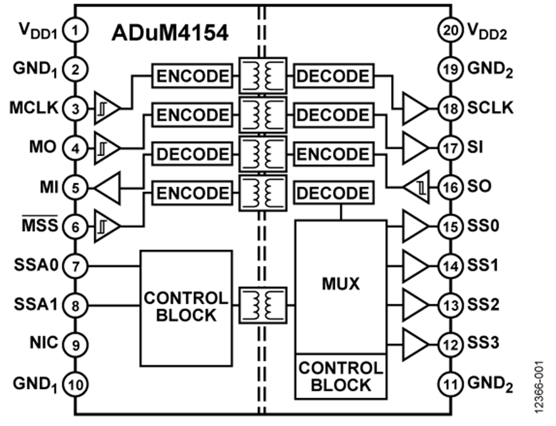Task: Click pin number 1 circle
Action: click(x=75, y=30)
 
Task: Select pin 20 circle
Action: click(x=451, y=30)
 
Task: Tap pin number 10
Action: click(x=75, y=385)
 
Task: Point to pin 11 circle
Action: click(x=451, y=385)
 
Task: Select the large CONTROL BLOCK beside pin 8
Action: click(x=186, y=307)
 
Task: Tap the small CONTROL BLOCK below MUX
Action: click(x=340, y=376)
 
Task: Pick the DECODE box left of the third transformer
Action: click(x=192, y=154)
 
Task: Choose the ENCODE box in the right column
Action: click(x=333, y=154)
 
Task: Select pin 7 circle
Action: click(x=75, y=267)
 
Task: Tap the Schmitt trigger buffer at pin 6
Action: click(x=106, y=227)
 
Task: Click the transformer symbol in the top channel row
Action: click(x=263, y=76)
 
